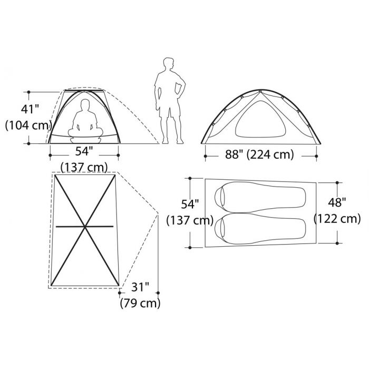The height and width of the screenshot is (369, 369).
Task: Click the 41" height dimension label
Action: pyautogui.click(x=30, y=110)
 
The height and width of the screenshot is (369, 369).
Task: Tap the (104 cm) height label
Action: pyautogui.click(x=27, y=126)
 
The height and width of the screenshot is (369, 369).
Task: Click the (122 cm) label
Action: pyautogui.click(x=337, y=218)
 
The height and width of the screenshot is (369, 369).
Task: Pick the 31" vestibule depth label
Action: pyautogui.click(x=140, y=288)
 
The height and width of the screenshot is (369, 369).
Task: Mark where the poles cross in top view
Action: pyautogui.click(x=84, y=227)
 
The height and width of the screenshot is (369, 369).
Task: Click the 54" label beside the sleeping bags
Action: pyautogui.click(x=189, y=205)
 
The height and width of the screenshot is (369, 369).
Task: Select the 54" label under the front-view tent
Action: pyautogui.click(x=84, y=151)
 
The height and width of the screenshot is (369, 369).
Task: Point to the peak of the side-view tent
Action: pyautogui.click(x=258, y=91)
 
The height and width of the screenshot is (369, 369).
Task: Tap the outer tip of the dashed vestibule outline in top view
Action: pyautogui.click(x=158, y=213)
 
